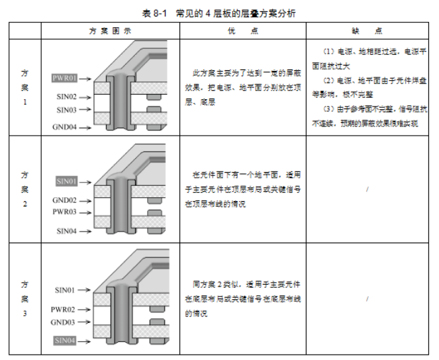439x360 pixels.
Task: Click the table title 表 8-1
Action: (x=154, y=13)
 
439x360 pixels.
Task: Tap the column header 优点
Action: (x=242, y=31)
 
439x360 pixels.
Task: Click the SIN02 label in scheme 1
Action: (x=66, y=97)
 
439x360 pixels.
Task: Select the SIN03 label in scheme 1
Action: (x=66, y=110)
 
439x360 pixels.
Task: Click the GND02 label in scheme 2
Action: (x=65, y=200)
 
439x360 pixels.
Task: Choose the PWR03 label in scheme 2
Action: (x=65, y=212)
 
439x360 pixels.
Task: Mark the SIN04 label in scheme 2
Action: (x=66, y=231)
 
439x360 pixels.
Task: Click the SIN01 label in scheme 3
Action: (x=66, y=290)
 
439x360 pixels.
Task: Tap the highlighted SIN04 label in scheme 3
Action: (x=66, y=340)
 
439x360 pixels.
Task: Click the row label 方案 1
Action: (x=24, y=88)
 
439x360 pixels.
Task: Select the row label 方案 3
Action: (x=24, y=298)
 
